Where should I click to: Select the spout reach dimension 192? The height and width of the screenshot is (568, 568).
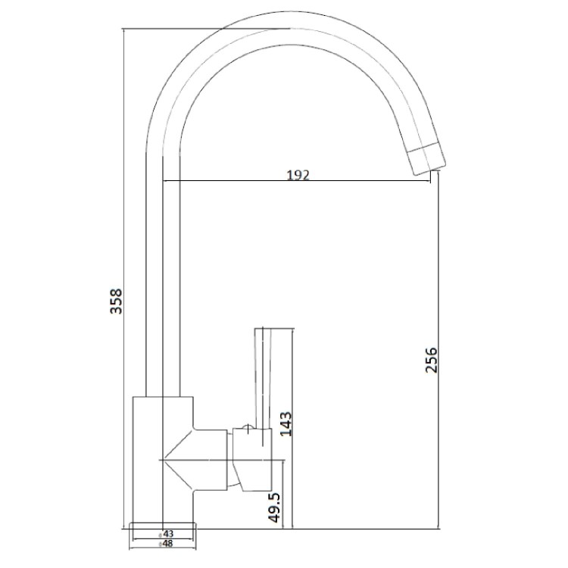(x=298, y=175)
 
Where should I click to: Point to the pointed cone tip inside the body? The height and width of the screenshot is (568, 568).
(x=167, y=459)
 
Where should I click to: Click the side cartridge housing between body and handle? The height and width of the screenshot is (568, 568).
(x=212, y=459)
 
